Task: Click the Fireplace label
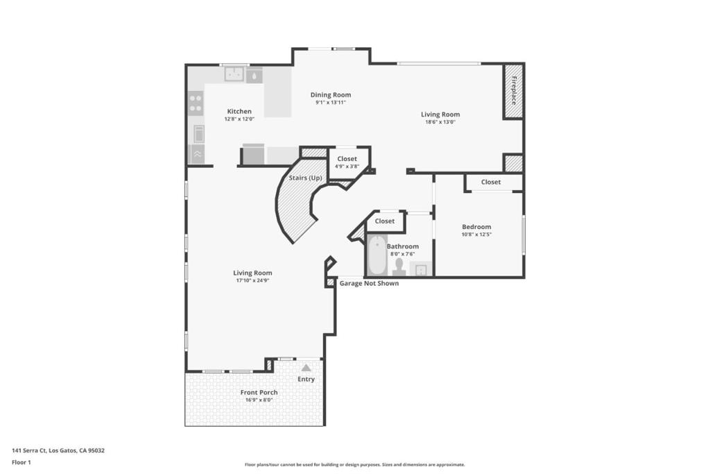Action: coord(514,91)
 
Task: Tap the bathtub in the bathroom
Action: coord(376,255)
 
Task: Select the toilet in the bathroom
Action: coord(399,267)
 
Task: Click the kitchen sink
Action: coord(234,74)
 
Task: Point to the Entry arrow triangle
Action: coord(306,368)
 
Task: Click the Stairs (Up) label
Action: coord(306,178)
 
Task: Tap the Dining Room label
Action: coord(331,94)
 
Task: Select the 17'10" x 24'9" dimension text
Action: coord(252,280)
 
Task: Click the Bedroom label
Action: coord(476,226)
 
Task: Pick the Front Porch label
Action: coord(259,392)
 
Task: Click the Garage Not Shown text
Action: coord(369,283)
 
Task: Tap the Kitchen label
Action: coord(239,112)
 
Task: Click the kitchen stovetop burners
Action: coord(196,103)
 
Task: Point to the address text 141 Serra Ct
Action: coord(29,450)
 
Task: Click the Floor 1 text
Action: coord(21,463)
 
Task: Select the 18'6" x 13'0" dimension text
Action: coord(440,122)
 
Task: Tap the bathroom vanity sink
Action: coord(421,269)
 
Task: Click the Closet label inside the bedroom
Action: coord(491,182)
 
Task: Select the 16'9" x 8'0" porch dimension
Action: coord(259,400)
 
